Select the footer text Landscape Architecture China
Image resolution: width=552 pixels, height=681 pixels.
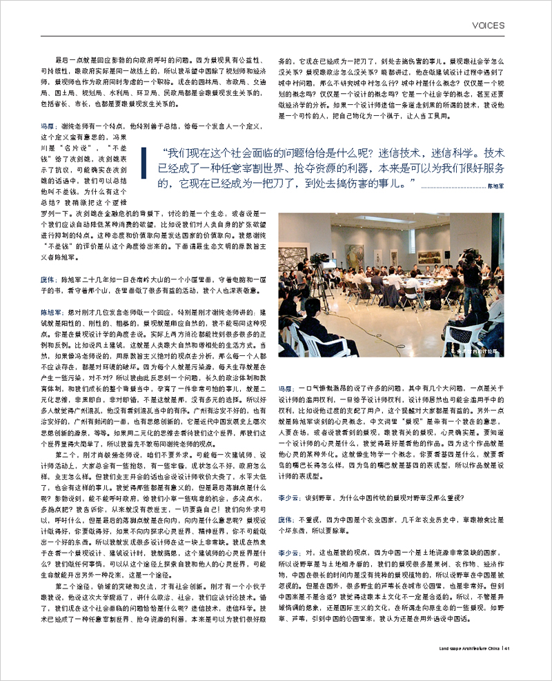(471, 648)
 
